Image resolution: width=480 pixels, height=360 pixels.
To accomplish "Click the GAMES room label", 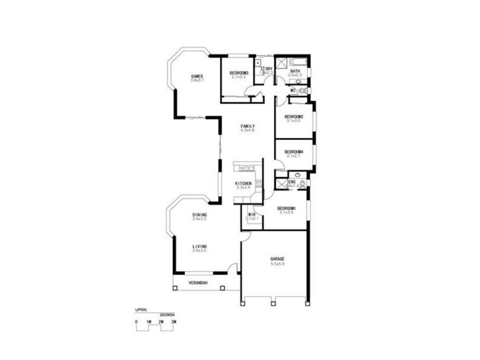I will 197,76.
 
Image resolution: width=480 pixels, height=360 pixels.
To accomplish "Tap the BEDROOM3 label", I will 239,73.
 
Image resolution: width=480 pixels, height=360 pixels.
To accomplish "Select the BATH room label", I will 295,71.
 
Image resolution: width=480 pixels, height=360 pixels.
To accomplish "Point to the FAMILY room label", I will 248,126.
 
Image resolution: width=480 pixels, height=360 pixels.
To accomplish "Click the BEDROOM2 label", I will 293,116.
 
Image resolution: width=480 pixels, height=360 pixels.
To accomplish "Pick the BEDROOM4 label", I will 293,152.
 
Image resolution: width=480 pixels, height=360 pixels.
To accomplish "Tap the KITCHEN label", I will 243,184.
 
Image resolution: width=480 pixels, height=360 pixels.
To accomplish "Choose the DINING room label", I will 200,215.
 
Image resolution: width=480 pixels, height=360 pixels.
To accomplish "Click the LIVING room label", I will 200,246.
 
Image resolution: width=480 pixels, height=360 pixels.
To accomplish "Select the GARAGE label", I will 277,259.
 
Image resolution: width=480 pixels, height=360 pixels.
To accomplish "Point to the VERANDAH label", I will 198,283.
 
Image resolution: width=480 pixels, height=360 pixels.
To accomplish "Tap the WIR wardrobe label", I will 252,214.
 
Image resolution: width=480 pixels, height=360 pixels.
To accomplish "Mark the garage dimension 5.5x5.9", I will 277,264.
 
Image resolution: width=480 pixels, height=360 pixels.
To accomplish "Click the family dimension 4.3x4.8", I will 248,131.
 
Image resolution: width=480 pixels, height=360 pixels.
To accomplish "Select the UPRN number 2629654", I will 167,314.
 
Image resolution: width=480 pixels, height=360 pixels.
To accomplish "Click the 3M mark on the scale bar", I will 173,322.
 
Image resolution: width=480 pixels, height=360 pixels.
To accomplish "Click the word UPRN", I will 141,310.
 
